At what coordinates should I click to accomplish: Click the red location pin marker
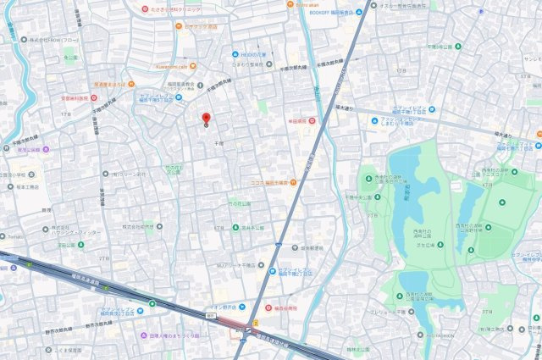coord(206,119)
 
